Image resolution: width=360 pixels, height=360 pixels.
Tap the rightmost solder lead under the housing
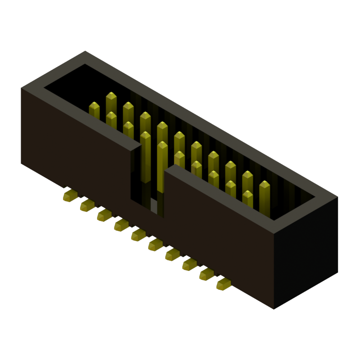(x=224, y=284)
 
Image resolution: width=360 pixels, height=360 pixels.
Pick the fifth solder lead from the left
(x=138, y=234)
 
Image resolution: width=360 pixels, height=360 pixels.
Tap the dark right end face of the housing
(x=306, y=252)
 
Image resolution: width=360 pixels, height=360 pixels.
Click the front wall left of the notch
(x=76, y=144)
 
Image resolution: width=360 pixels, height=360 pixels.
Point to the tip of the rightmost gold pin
(x=265, y=184)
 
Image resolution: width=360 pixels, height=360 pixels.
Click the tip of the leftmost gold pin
(x=94, y=106)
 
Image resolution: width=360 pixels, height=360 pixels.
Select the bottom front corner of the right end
(x=274, y=308)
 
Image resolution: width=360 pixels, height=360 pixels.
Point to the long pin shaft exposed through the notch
(x=145, y=162)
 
